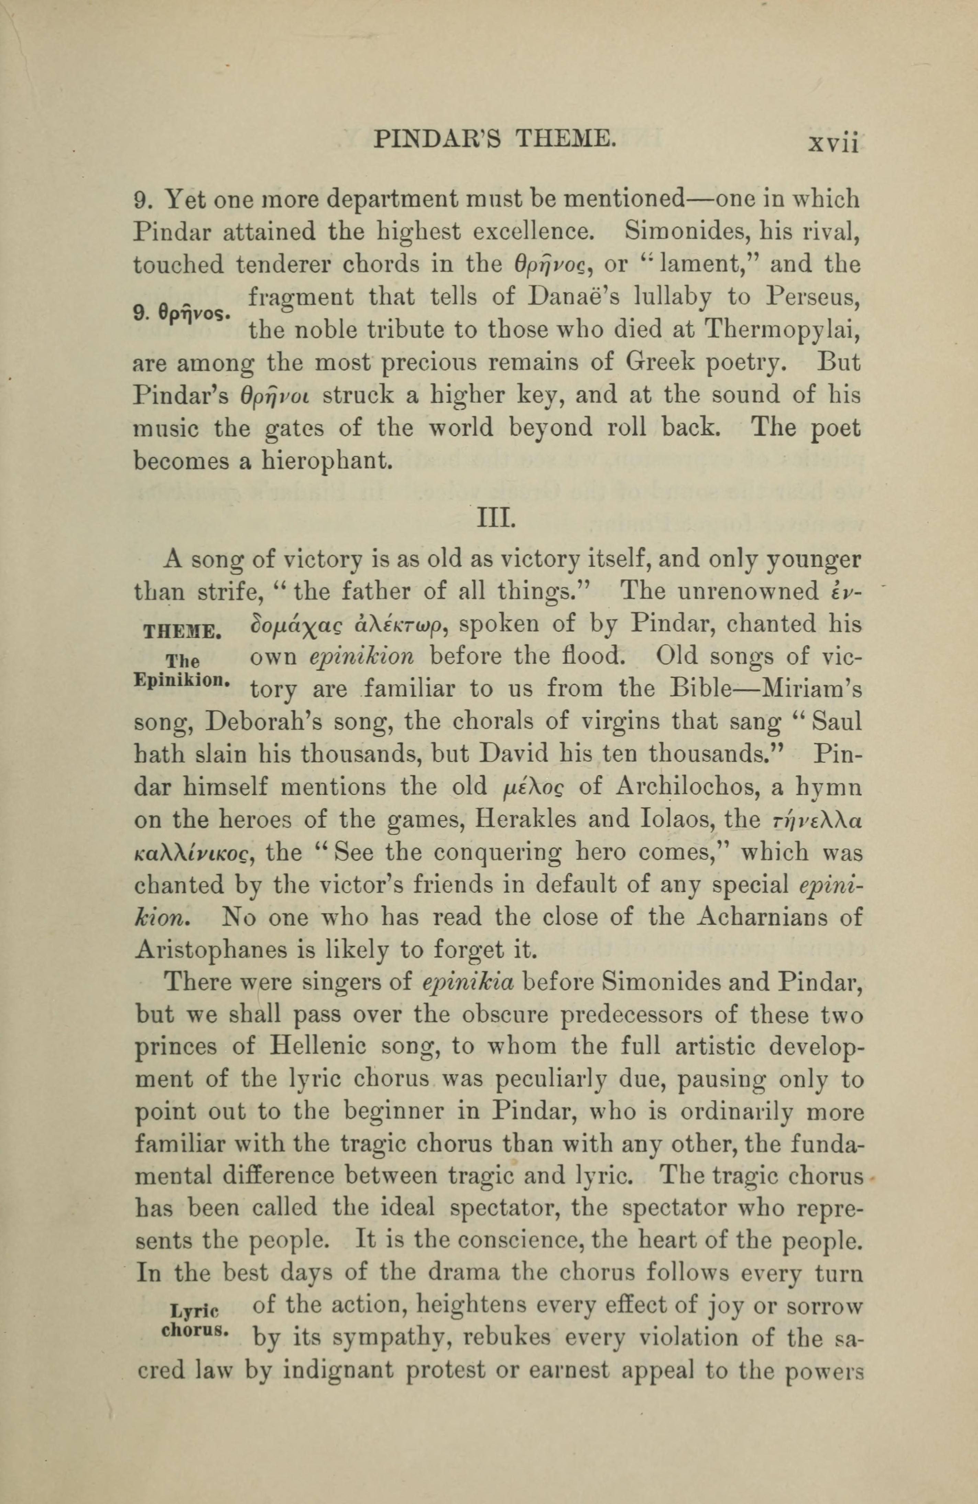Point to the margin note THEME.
point(182,630)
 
